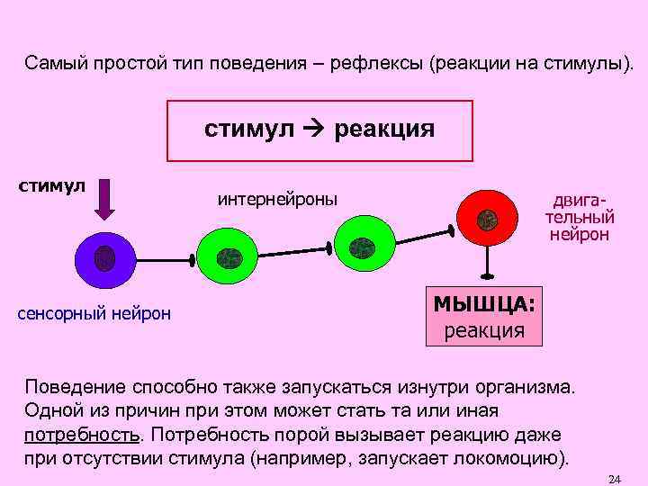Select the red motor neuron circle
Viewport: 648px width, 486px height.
[x=487, y=218]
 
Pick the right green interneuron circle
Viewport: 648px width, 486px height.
[x=364, y=243]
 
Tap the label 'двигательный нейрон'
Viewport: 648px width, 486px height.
[x=580, y=217]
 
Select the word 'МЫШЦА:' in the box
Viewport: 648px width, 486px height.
[x=484, y=304]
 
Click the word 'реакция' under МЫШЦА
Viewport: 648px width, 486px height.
[x=484, y=329]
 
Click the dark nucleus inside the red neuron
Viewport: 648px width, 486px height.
[x=487, y=219]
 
